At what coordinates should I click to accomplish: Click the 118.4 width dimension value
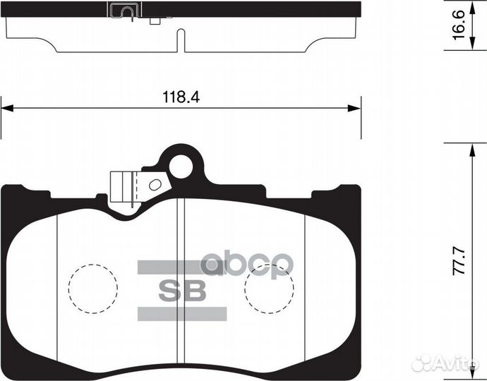pyautogui.click(x=181, y=97)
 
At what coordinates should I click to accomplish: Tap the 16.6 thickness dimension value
pyautogui.click(x=459, y=25)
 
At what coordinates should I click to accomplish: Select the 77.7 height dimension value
pyautogui.click(x=459, y=261)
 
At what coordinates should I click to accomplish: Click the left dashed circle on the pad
pyautogui.click(x=93, y=289)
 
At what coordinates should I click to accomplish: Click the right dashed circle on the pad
pyautogui.click(x=269, y=289)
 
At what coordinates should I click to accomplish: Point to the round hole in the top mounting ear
pyautogui.click(x=181, y=167)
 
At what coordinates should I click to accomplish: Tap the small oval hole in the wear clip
pyautogui.click(x=155, y=185)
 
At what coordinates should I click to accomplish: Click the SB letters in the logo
pyautogui.click(x=182, y=291)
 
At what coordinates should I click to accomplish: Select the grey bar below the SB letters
pyautogui.click(x=182, y=313)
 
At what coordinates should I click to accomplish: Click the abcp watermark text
pyautogui.click(x=247, y=264)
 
